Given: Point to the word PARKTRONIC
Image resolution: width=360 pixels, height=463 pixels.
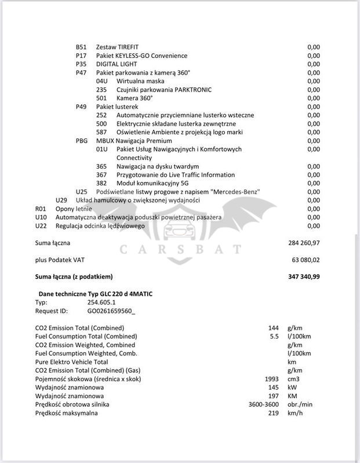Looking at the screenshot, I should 191,89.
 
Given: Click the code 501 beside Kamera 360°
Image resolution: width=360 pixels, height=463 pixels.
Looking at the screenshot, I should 101,98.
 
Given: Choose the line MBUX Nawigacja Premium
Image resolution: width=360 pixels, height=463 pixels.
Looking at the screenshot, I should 134,141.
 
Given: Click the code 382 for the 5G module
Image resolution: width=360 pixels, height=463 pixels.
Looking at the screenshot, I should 101,183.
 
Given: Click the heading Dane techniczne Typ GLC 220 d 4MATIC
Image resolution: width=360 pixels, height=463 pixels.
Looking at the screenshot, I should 96,294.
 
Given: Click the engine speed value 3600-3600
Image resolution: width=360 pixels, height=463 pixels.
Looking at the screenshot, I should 264,404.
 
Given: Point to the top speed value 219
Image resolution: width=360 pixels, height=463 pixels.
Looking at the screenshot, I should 274,413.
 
